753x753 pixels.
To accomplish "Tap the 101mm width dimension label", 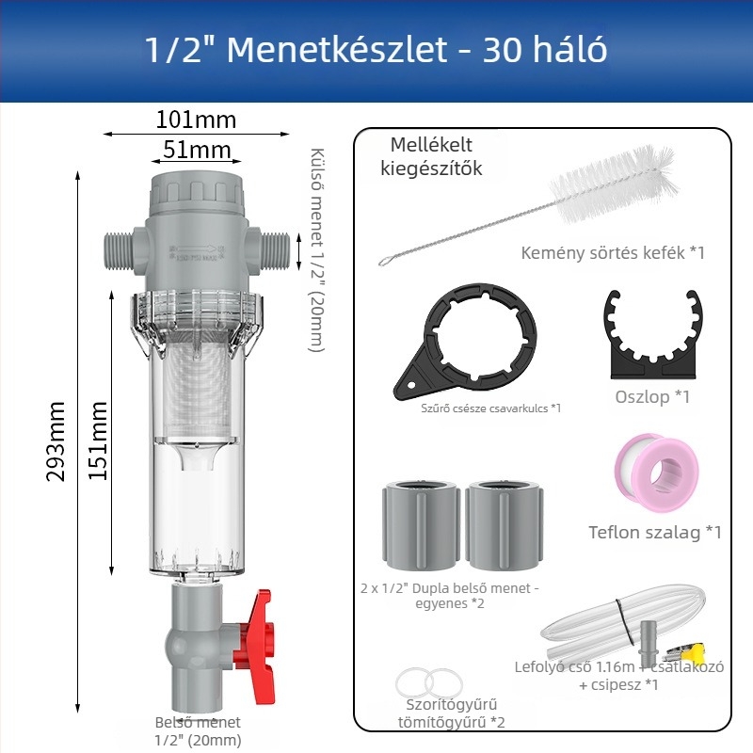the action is point(196,120).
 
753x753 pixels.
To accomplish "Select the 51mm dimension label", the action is point(197,150).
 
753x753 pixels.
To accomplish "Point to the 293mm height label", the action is point(56,441).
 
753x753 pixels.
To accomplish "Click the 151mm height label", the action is point(98,441).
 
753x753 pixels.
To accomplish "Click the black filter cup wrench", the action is point(465,342).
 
